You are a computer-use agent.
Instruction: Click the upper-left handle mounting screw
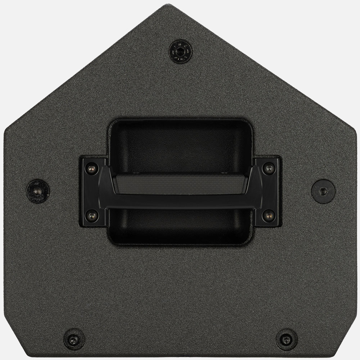click(91, 167)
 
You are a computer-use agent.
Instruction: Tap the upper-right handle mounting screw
click(268, 167)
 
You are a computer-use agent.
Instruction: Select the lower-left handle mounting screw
click(91, 215)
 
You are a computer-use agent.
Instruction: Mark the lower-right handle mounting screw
click(268, 215)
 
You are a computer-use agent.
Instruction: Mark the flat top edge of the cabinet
click(180, 5)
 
